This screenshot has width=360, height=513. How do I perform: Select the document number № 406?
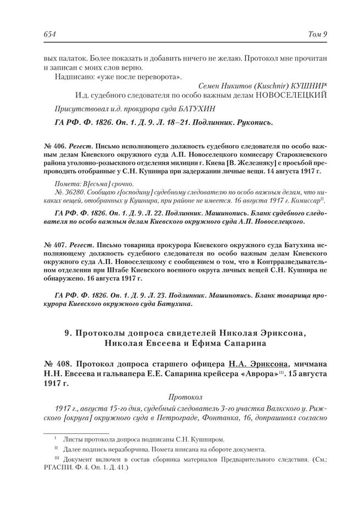tap(54, 147)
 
